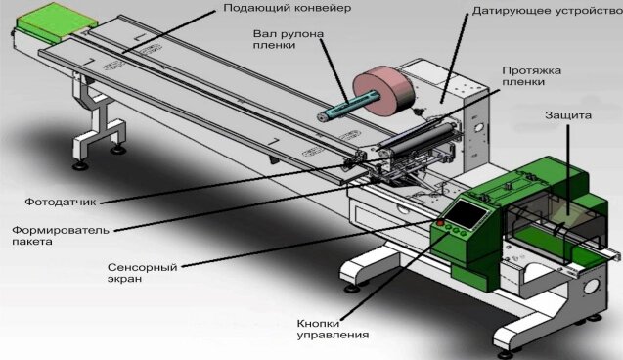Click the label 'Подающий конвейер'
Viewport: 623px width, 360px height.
[287, 8]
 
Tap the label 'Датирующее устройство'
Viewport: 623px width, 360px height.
[548, 11]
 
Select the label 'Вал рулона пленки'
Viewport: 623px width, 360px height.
[289, 39]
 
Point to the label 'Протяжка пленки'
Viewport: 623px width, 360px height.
[532, 76]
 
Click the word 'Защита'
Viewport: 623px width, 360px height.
[568, 115]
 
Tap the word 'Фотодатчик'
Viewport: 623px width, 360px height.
[61, 202]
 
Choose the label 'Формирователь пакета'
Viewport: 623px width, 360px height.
[61, 236]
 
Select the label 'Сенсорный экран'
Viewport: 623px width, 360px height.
[142, 273]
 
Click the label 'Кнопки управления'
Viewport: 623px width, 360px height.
[333, 329]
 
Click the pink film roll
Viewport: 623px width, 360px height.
[383, 91]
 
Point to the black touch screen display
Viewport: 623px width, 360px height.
[467, 213]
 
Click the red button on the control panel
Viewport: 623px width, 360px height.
[440, 222]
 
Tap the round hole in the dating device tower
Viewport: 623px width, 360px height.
[479, 127]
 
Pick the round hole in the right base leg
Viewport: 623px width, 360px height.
[592, 287]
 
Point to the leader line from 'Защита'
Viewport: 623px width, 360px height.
[568, 170]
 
